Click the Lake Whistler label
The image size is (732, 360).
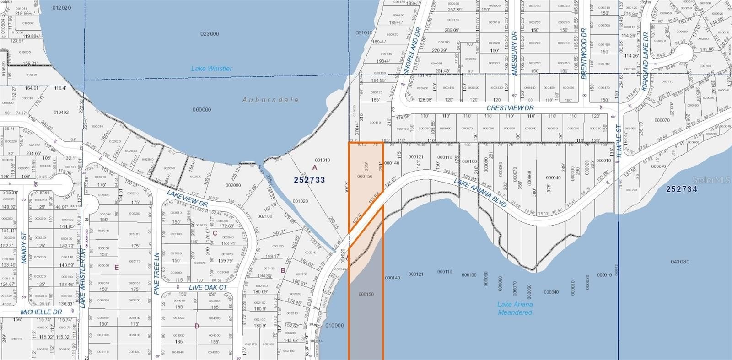[211, 69]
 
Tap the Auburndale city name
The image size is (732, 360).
[270, 100]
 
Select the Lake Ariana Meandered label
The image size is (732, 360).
[515, 308]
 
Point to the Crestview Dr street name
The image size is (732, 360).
[510, 108]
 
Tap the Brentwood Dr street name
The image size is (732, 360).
[584, 54]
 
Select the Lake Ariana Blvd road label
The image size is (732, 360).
[480, 193]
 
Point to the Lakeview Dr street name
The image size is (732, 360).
[187, 198]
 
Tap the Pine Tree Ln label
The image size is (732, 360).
[156, 273]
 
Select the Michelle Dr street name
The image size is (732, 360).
[41, 312]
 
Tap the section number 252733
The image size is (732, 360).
[309, 180]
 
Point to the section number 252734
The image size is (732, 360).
[682, 189]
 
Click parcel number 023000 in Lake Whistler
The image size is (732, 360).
[210, 34]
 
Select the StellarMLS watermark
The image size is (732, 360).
[711, 181]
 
